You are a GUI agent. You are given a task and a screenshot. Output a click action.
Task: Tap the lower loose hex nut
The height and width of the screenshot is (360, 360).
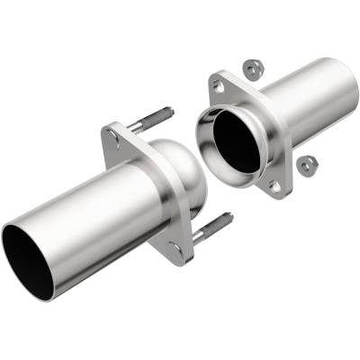tap(309, 163)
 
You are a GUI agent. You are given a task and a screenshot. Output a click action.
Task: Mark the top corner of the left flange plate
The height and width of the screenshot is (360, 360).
tap(110, 132)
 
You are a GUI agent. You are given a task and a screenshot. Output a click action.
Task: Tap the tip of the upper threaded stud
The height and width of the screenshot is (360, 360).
tap(170, 112)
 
